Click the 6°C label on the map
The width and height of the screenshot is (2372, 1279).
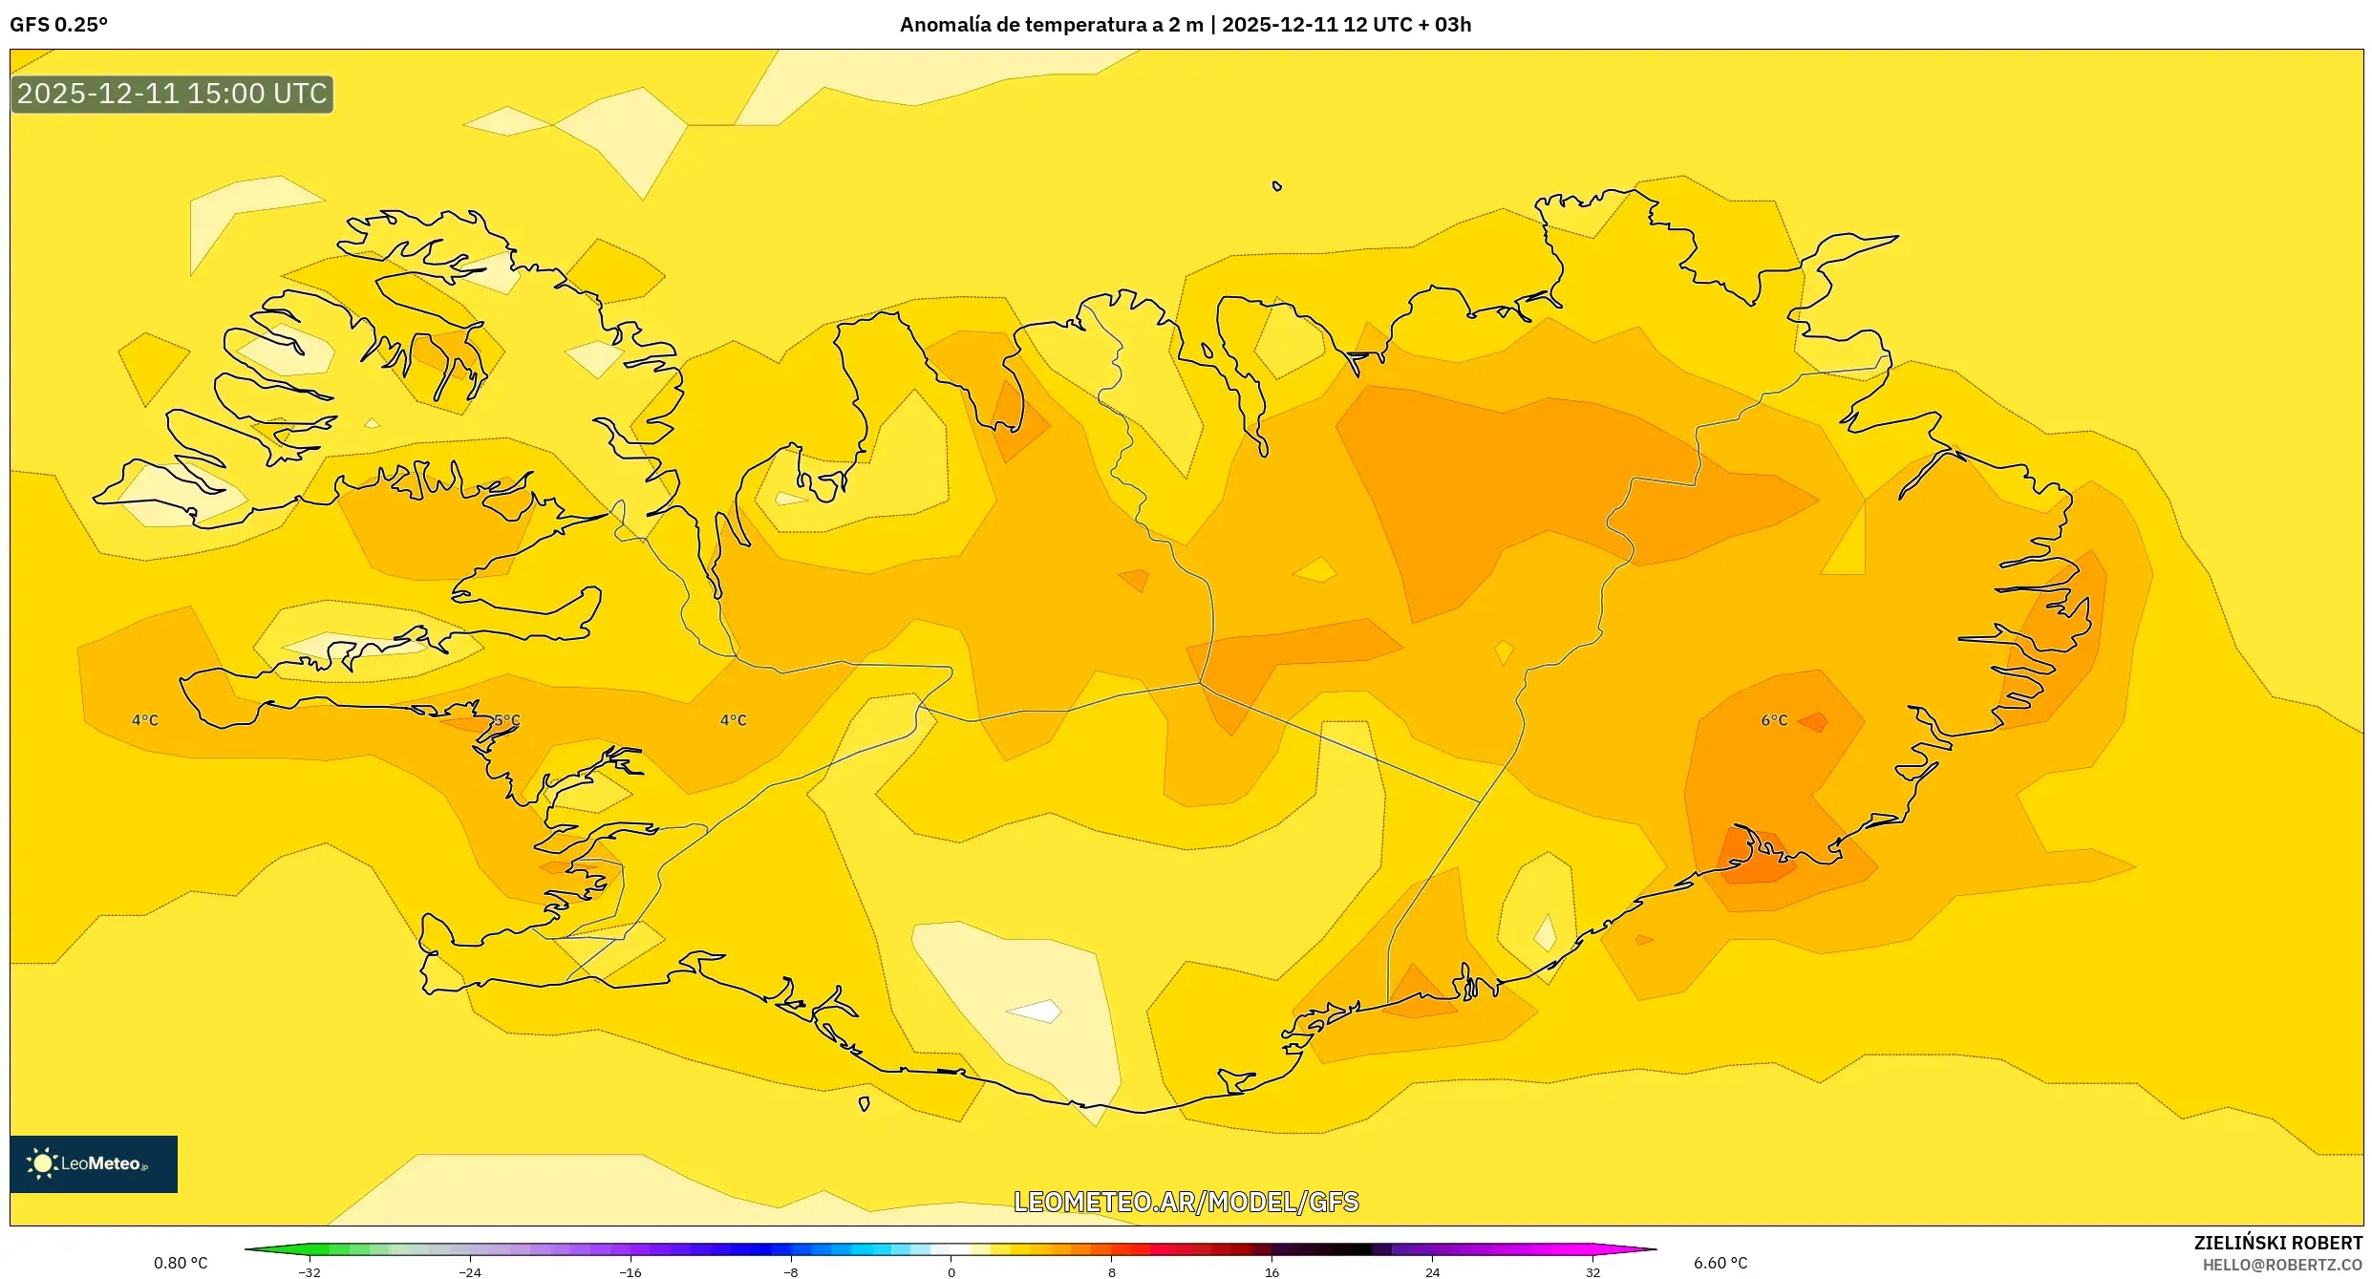[1774, 720]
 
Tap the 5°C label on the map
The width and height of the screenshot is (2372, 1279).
[507, 720]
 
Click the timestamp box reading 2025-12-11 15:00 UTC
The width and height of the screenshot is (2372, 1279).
[172, 94]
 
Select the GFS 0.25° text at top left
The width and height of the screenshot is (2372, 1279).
[58, 25]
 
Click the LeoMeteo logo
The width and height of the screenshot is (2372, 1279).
[94, 1163]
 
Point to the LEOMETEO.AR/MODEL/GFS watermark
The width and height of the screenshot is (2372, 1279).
[1186, 1202]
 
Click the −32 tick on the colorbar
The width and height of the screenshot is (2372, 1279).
[310, 1271]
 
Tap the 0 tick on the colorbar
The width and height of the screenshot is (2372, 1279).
[951, 1271]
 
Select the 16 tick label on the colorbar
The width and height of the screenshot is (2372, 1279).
[1271, 1271]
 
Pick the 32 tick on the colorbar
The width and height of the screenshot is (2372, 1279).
[1592, 1271]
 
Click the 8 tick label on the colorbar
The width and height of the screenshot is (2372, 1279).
[1111, 1271]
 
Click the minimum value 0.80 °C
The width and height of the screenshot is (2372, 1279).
[181, 1263]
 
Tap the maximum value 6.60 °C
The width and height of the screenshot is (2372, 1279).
[1720, 1263]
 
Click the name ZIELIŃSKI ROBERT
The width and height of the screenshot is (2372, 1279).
[2277, 1243]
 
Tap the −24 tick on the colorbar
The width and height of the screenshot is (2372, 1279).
[470, 1271]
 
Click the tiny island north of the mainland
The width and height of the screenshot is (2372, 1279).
[1277, 186]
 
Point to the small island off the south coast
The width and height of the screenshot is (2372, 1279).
[865, 1104]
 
